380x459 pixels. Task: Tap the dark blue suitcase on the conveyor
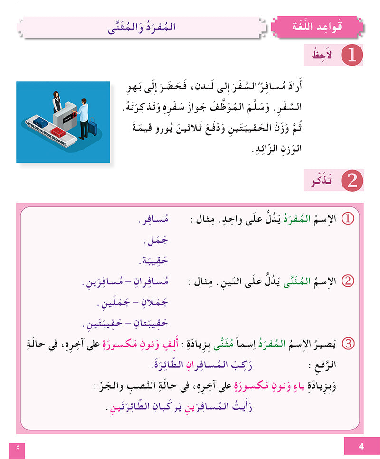pyautogui.click(x=41, y=123)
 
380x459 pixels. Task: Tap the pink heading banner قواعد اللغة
pyautogui.click(x=315, y=26)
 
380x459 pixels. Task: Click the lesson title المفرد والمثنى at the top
pyautogui.click(x=142, y=27)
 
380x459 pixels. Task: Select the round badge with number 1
pyautogui.click(x=352, y=56)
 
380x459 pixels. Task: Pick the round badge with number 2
pyautogui.click(x=352, y=181)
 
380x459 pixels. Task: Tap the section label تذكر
pyautogui.click(x=323, y=181)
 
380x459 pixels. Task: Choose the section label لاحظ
pyautogui.click(x=323, y=56)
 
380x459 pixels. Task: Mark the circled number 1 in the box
pyautogui.click(x=348, y=219)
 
